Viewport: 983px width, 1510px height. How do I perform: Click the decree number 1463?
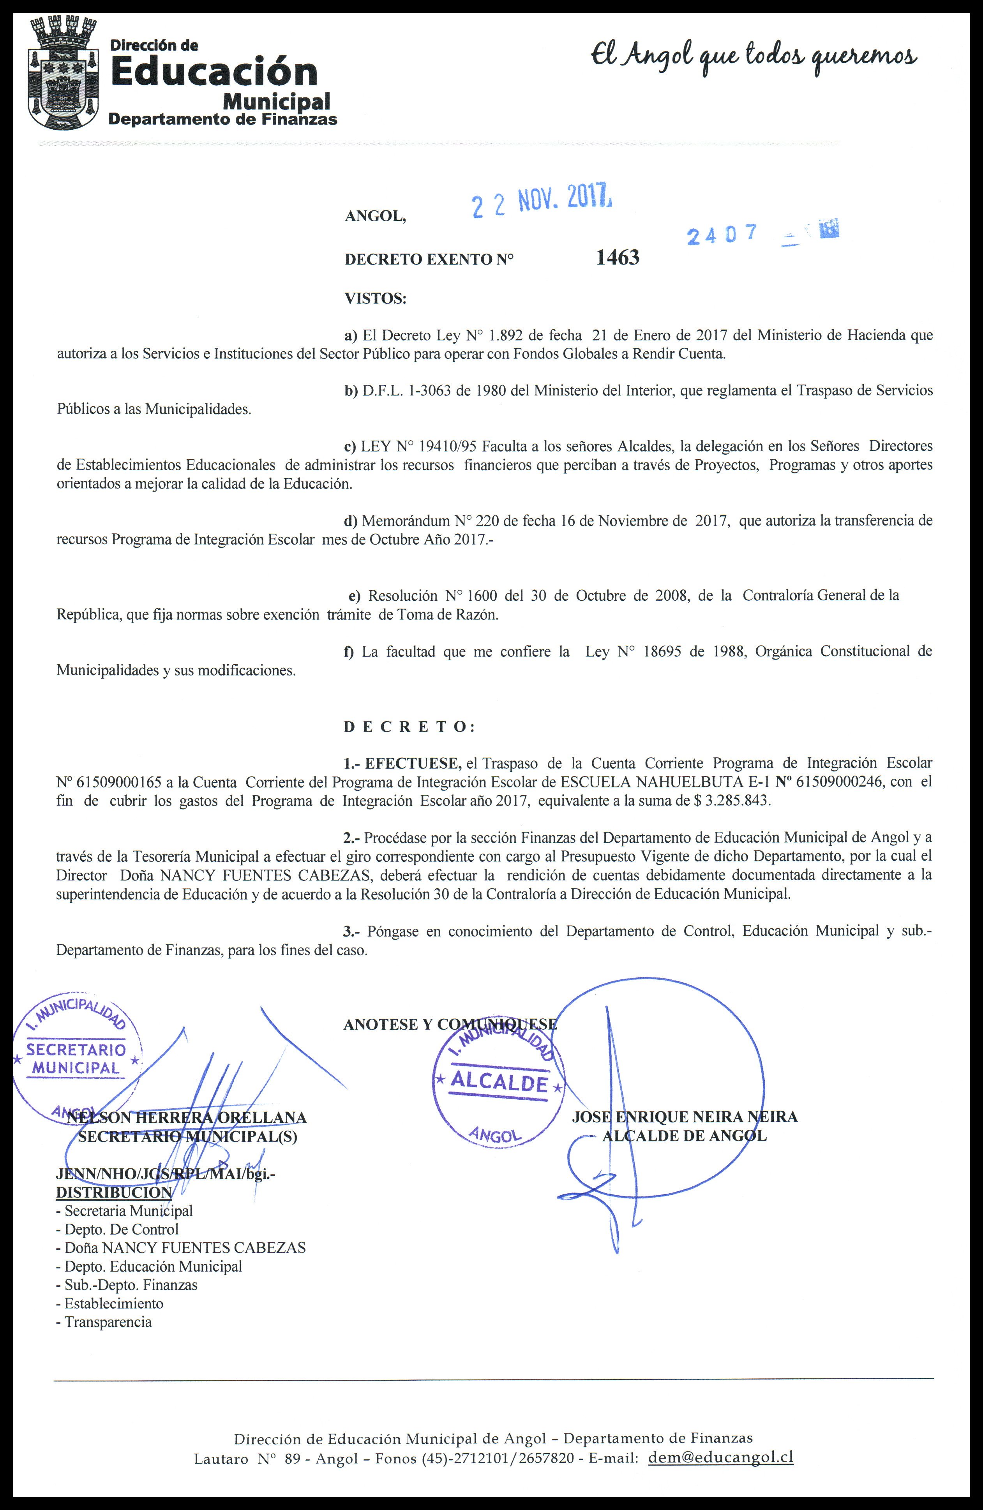pyautogui.click(x=618, y=258)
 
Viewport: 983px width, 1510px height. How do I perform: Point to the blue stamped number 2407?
pyautogui.click(x=722, y=235)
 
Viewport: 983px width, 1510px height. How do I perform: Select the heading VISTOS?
pyautogui.click(x=375, y=298)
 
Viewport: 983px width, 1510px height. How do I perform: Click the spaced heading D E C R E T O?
pyautogui.click(x=409, y=727)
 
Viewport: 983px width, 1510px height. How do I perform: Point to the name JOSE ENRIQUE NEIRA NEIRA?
pyautogui.click(x=684, y=1117)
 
